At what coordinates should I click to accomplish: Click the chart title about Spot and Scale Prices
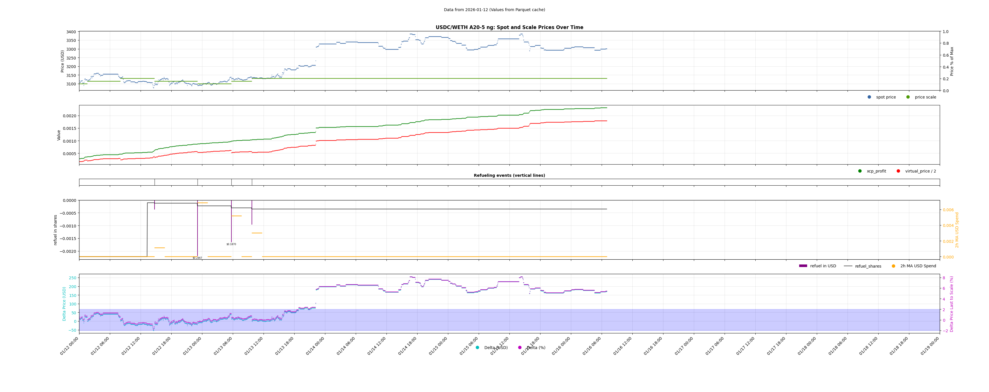(x=509, y=27)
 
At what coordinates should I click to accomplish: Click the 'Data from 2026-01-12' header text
(x=494, y=10)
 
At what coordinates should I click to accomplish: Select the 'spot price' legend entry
(x=885, y=97)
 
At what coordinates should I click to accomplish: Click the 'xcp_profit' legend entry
(x=876, y=171)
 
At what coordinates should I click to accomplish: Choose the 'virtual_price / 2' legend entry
(x=920, y=171)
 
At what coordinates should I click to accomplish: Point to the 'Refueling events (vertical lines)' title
(x=509, y=175)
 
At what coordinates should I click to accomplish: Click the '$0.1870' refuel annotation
(x=231, y=244)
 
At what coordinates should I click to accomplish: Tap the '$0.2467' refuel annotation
(x=197, y=258)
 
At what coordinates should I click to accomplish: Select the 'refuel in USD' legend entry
(x=823, y=266)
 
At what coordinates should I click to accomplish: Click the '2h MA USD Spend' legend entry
(x=918, y=266)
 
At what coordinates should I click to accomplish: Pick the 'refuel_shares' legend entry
(x=868, y=266)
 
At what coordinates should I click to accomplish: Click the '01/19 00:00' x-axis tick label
(x=931, y=346)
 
